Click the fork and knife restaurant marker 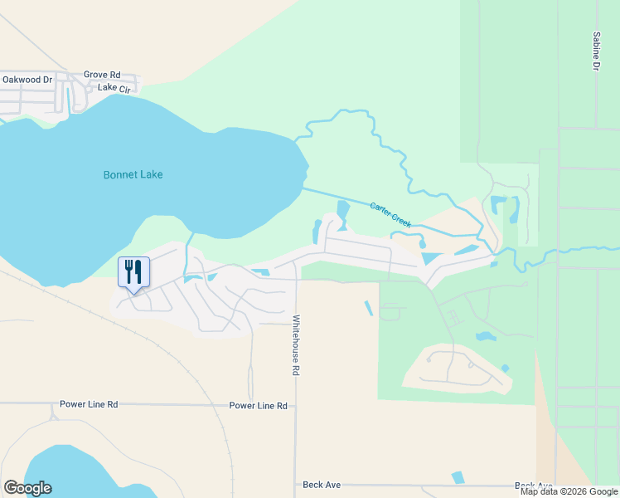133,273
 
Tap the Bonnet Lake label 133,175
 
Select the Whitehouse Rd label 295,344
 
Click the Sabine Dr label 596,51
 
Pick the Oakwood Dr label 27,80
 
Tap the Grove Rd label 102,75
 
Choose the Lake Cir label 114,87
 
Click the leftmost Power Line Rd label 89,404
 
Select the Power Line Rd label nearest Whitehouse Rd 258,406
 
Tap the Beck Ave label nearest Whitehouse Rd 319,485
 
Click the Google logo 27,488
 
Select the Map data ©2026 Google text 569,491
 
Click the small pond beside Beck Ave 458,477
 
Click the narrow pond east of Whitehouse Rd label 368,308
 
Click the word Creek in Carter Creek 400,220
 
